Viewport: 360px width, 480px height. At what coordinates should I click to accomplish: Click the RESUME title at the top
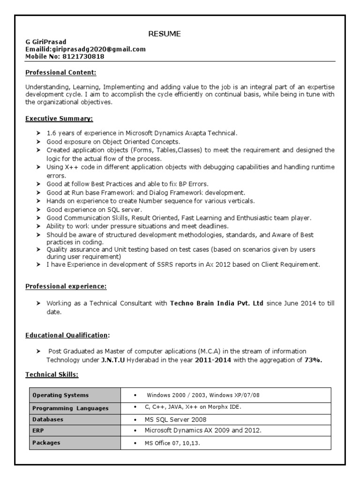tap(165, 34)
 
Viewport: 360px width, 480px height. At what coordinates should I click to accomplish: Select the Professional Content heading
tap(60, 73)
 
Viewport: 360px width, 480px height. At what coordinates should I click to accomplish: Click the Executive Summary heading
tap(59, 119)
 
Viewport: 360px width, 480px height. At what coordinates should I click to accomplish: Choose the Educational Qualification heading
tap(67, 335)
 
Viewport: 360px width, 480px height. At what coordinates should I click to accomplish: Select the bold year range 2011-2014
tap(207, 360)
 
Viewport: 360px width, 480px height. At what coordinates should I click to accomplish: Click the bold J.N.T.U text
tap(113, 360)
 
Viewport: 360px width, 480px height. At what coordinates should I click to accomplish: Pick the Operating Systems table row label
tap(60, 395)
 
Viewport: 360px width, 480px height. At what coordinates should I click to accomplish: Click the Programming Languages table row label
tap(70, 408)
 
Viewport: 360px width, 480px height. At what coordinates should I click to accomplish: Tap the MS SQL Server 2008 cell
tap(175, 420)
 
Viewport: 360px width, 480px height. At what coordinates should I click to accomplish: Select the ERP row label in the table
tap(38, 431)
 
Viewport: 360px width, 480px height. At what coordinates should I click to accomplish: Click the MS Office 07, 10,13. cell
tap(172, 443)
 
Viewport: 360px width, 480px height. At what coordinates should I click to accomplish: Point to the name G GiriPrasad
tap(45, 42)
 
